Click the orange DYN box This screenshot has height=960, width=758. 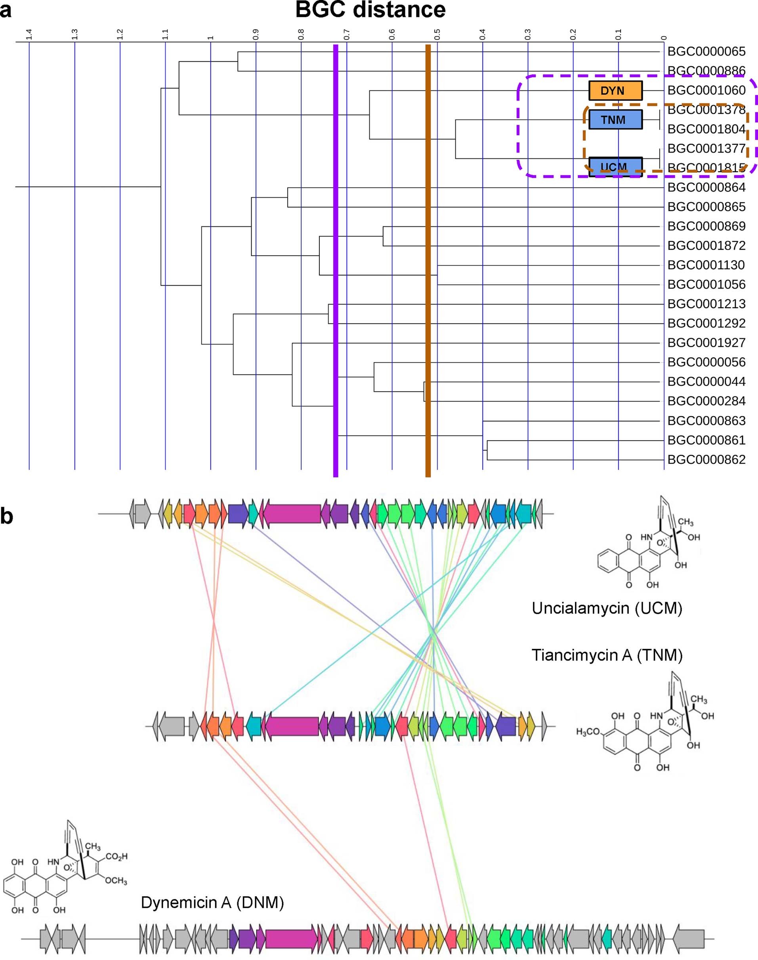(615, 91)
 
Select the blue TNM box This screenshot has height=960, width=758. (615, 120)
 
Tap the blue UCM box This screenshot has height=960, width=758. (615, 166)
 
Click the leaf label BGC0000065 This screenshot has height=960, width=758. (706, 52)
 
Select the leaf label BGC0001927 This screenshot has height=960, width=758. (706, 343)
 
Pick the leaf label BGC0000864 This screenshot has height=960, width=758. (706, 187)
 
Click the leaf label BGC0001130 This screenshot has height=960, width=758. (706, 265)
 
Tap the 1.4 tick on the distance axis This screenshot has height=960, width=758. (29, 34)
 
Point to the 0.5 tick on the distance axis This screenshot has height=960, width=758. (437, 34)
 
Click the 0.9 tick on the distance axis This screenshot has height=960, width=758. (256, 34)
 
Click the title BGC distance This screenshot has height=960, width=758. (370, 10)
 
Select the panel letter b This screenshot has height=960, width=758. (7, 516)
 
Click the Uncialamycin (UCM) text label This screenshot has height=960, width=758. (607, 608)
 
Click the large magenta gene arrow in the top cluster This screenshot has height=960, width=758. (292, 513)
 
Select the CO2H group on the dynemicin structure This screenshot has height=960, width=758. (117, 857)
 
